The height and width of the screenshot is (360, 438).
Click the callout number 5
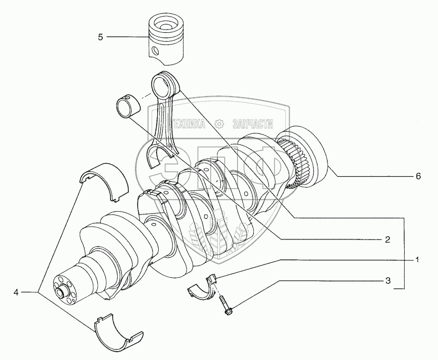(x=100, y=37)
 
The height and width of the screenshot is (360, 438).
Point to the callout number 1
(x=417, y=259)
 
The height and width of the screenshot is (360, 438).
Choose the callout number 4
(x=17, y=291)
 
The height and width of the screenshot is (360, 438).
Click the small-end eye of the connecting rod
(x=166, y=83)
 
